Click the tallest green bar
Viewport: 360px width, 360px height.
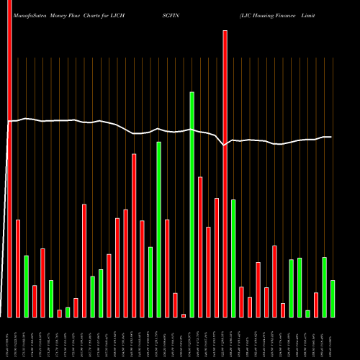click(x=192, y=204)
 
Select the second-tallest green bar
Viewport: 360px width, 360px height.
click(x=158, y=230)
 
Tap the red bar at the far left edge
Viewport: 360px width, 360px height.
click(x=9, y=158)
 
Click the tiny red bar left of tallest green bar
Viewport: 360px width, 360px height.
click(x=184, y=315)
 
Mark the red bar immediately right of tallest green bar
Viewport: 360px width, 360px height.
click(x=200, y=247)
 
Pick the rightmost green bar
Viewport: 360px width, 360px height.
click(x=333, y=299)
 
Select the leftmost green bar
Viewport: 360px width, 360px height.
click(x=26, y=287)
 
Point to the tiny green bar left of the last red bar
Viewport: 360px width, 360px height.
click(x=307, y=313)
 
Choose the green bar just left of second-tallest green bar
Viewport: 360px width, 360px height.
click(x=150, y=282)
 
